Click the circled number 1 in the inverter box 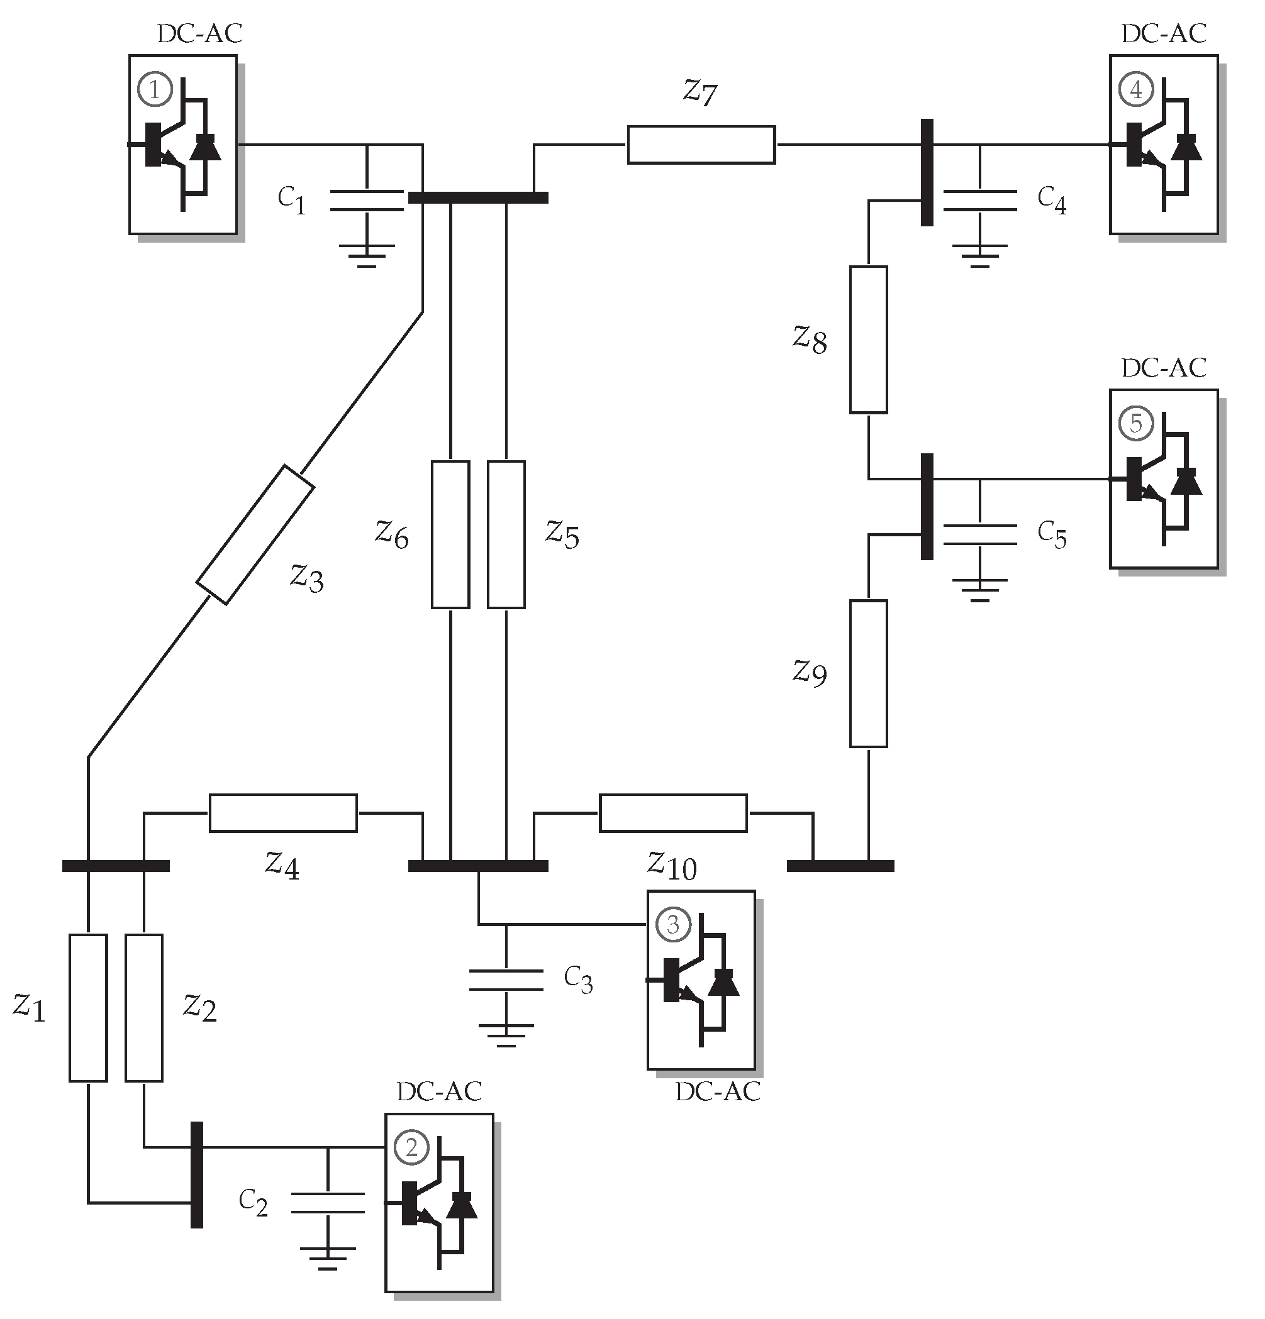pos(155,89)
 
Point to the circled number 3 pos(672,925)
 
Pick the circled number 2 pos(411,1147)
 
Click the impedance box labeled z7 pos(701,145)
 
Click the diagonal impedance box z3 pos(255,534)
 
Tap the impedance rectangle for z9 pos(868,673)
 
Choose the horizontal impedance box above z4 pos(283,813)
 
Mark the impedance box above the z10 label pos(672,813)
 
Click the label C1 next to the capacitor pos(291,200)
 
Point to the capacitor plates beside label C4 pos(979,201)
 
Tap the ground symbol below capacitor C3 pos(506,1035)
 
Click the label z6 pos(392,534)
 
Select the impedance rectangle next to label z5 pos(506,534)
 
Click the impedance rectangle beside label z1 pos(87,1007)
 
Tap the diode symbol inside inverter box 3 pos(724,982)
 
